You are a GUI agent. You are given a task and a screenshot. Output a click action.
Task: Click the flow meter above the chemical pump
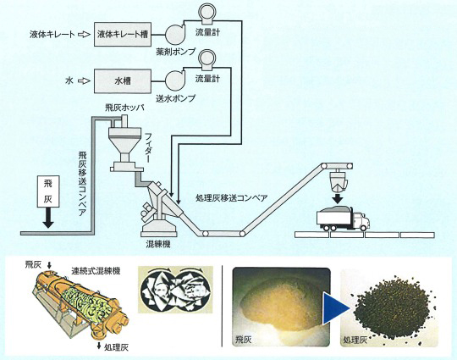[206, 13]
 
